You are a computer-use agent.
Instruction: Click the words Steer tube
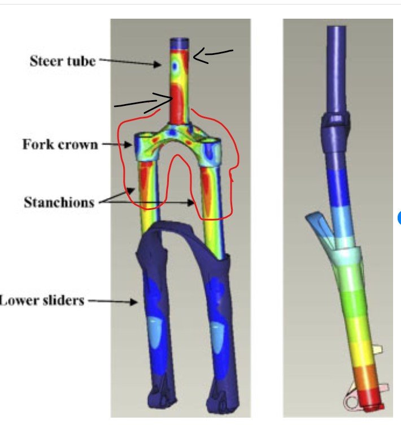[x=63, y=61]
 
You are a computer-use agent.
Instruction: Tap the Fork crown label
[x=60, y=144]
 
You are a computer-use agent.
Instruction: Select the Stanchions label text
[x=59, y=202]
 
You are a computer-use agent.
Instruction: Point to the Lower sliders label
[x=42, y=300]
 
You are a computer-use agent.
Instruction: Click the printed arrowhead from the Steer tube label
[x=158, y=65]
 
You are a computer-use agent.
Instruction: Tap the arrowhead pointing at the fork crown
[x=128, y=145]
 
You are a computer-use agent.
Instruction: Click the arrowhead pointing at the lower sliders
[x=134, y=302]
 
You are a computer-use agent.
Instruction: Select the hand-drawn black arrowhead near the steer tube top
[x=200, y=56]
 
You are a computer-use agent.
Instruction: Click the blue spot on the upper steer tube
[x=175, y=66]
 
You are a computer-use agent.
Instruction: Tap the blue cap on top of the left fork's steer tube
[x=180, y=44]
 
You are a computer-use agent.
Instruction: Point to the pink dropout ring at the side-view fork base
[x=351, y=402]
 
